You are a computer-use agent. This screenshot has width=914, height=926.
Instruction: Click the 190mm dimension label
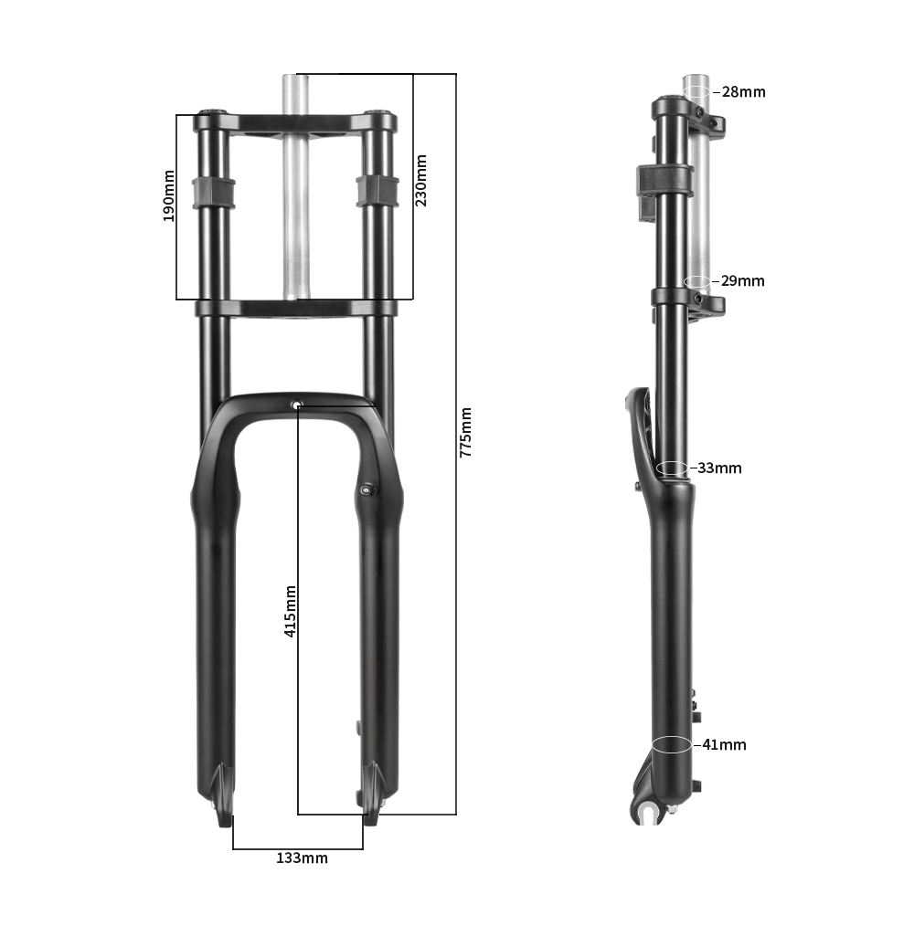[168, 195]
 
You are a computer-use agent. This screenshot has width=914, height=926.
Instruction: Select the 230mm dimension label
[421, 180]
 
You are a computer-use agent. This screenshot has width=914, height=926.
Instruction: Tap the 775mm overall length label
[465, 432]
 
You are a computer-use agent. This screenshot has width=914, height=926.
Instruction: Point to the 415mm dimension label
[290, 610]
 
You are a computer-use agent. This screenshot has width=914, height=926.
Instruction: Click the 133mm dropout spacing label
[302, 858]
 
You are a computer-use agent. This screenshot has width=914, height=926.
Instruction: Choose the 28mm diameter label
[743, 92]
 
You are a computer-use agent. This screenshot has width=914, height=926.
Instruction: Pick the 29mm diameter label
[742, 281]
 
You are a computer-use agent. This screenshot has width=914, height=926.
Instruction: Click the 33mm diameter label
[719, 468]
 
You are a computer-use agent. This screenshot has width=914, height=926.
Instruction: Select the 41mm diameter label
[724, 745]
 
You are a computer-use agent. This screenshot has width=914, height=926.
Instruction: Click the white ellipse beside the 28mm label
[696, 91]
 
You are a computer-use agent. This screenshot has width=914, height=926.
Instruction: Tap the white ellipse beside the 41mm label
[672, 744]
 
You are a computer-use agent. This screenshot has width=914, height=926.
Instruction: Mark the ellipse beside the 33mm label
[673, 468]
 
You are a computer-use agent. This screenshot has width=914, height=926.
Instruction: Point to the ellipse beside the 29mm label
[696, 280]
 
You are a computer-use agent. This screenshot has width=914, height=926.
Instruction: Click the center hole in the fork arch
[296, 405]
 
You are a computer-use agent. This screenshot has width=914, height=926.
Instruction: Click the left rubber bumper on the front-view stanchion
[213, 192]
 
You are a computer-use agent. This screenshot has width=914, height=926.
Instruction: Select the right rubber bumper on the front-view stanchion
[377, 190]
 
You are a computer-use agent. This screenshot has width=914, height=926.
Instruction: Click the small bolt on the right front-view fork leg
[367, 490]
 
